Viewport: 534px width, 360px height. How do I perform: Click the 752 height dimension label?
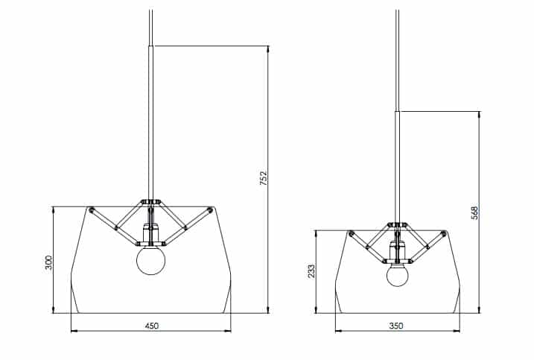pyautogui.click(x=264, y=179)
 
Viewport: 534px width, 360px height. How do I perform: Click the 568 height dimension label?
pyautogui.click(x=474, y=212)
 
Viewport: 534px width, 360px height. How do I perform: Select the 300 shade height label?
pyautogui.click(x=48, y=262)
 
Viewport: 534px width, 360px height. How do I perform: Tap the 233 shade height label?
pyautogui.click(x=312, y=271)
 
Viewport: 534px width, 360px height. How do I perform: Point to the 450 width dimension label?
pyautogui.click(x=151, y=326)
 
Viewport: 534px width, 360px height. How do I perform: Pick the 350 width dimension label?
pyautogui.click(x=398, y=326)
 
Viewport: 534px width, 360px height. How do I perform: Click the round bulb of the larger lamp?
pyautogui.click(x=151, y=260)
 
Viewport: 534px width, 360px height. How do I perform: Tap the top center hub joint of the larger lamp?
pyautogui.click(x=152, y=201)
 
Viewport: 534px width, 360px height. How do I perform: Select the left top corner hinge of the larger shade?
pyautogui.click(x=91, y=210)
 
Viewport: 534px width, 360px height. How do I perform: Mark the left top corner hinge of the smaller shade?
pyautogui.click(x=352, y=234)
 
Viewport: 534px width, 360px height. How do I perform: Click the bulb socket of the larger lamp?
pyautogui.click(x=151, y=237)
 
